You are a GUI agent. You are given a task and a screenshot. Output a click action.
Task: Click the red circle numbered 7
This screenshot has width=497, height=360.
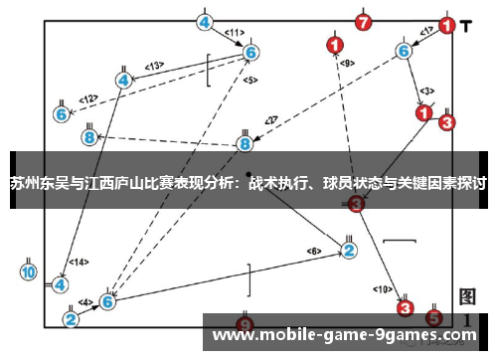click(x=365, y=22)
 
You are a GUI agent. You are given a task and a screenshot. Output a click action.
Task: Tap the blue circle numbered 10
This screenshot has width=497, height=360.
click(x=29, y=270)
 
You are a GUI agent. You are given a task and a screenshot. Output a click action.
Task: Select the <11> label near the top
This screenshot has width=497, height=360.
click(x=235, y=33)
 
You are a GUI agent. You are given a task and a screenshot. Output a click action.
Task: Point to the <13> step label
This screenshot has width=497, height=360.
click(x=154, y=66)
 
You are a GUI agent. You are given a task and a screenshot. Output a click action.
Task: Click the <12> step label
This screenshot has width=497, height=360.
click(x=89, y=98)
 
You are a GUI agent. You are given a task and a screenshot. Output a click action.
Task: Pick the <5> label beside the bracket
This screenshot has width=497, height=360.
click(x=249, y=80)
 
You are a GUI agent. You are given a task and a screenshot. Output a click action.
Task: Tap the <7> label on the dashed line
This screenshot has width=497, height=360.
click(x=270, y=121)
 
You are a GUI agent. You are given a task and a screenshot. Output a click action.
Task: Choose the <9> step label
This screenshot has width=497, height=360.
click(x=347, y=64)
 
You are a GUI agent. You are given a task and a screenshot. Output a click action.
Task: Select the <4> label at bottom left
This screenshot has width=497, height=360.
click(x=86, y=303)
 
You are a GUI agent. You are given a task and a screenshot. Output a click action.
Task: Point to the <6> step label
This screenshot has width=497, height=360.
click(x=314, y=251)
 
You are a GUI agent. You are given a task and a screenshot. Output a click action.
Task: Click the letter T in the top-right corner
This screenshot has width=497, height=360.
click(x=467, y=22)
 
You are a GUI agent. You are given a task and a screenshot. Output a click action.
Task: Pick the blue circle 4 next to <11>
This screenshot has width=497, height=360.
click(x=205, y=22)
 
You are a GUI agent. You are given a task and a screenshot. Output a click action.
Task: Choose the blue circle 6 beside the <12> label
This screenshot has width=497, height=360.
click(x=62, y=114)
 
